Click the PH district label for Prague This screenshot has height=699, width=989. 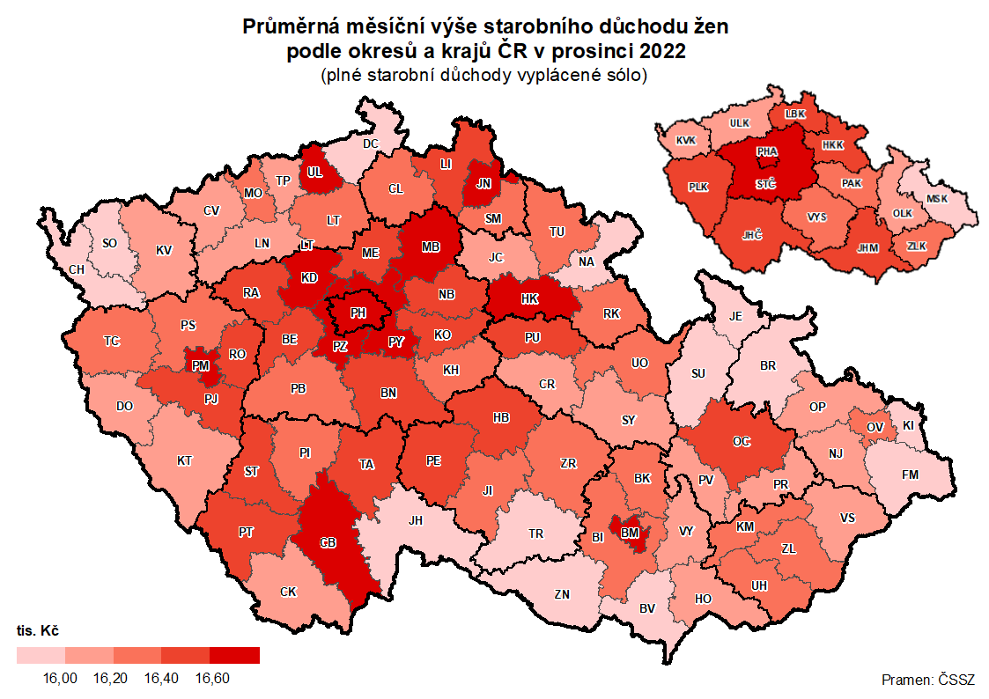click(x=358, y=313)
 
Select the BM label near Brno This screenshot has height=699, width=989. click(x=630, y=533)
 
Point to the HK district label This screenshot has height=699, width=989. click(x=529, y=299)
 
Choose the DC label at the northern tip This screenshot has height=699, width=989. click(x=370, y=143)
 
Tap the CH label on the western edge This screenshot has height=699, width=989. click(x=77, y=269)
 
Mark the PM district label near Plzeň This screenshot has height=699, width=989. click(x=200, y=365)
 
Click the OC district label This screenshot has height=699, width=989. click(x=742, y=441)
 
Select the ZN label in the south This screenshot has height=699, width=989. click(x=562, y=594)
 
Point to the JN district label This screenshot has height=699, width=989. click(x=483, y=183)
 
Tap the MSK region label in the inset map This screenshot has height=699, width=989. click(x=937, y=199)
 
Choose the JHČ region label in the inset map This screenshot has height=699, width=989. click(x=751, y=235)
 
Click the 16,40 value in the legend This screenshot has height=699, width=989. click(x=161, y=678)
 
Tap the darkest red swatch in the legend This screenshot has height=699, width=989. click(x=234, y=655)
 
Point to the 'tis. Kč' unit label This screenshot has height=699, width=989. click(x=38, y=631)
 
